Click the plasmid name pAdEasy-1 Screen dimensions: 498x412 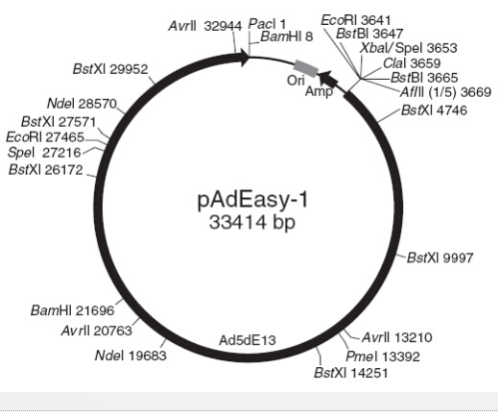pyautogui.click(x=252, y=201)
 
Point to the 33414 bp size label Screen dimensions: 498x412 pyautogui.click(x=252, y=222)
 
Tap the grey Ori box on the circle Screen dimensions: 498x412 pyautogui.click(x=306, y=68)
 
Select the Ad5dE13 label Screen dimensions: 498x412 pyautogui.click(x=248, y=340)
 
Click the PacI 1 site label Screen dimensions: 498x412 pyautogui.click(x=267, y=24)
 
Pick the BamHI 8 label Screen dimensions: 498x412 pyautogui.click(x=286, y=37)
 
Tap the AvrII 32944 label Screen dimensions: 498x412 pyautogui.click(x=206, y=26)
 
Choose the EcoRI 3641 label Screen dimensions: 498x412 pyautogui.click(x=356, y=20)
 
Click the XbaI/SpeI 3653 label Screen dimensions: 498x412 pyautogui.click(x=409, y=48)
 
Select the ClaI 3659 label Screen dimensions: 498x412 pyautogui.click(x=412, y=63)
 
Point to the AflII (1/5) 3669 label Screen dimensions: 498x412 pyautogui.click(x=446, y=92)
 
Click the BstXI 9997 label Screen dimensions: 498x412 pyautogui.click(x=440, y=257)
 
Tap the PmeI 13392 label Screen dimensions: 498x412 pyautogui.click(x=383, y=356)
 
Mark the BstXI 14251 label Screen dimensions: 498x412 pyautogui.click(x=351, y=373)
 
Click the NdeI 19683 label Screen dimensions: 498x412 pyautogui.click(x=131, y=355)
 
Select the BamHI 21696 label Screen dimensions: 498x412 pyautogui.click(x=73, y=310)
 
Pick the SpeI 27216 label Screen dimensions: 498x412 pyautogui.click(x=44, y=153)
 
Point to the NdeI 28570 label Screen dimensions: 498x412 pyautogui.click(x=82, y=104)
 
